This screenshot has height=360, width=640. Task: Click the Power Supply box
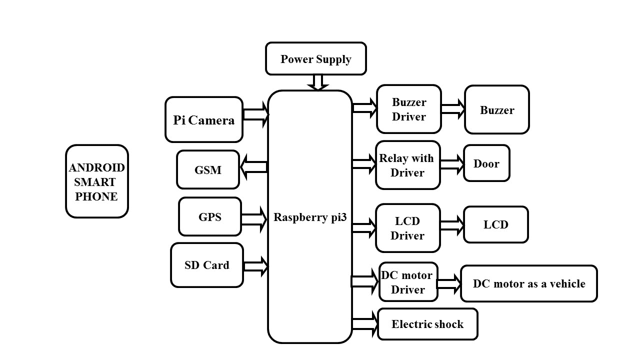coord(315,58)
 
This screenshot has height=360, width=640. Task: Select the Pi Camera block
coord(204,119)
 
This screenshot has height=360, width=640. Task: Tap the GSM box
coord(208,169)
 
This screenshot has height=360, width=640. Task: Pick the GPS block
coord(210,216)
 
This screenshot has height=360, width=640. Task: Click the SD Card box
coord(207,265)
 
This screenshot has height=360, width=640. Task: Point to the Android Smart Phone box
coord(96,181)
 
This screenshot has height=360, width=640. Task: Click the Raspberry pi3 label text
coord(310,217)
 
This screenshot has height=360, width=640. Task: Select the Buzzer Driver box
coord(408,109)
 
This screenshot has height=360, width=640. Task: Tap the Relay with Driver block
coord(408,165)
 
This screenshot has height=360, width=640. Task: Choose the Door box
coord(486,163)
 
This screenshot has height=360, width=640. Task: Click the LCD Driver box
coord(408,228)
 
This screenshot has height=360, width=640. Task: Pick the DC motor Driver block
coord(408,282)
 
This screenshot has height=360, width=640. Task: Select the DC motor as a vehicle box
coord(528,283)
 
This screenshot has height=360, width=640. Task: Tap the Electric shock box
coord(427,324)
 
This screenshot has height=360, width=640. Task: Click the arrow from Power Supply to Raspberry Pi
coord(317,82)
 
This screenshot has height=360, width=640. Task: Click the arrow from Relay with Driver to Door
coord(452,164)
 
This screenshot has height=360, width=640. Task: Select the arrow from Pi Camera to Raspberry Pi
coord(255,114)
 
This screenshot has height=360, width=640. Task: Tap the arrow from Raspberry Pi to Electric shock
coord(365,323)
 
